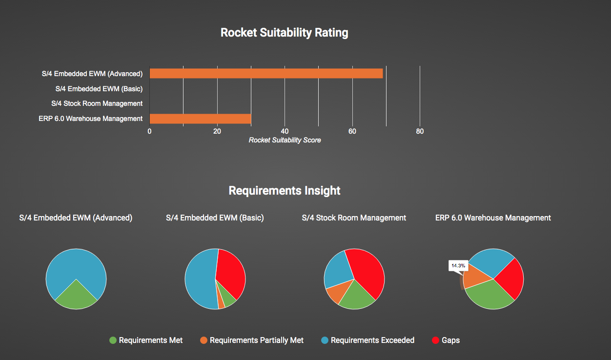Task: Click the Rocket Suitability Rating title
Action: tap(284, 33)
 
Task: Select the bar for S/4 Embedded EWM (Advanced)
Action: tap(266, 74)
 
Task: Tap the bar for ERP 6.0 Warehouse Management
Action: tap(200, 119)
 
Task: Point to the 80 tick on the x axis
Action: tap(420, 131)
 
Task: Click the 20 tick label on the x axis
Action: tap(217, 131)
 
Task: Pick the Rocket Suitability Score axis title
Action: tap(285, 140)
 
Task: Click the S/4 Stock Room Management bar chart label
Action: tap(97, 103)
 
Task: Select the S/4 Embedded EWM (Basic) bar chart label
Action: tap(99, 89)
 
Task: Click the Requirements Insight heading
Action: tap(285, 190)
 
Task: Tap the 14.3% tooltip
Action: tap(458, 266)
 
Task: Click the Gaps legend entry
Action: tap(446, 340)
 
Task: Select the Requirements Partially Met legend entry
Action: tap(252, 340)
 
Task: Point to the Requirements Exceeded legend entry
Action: tap(367, 340)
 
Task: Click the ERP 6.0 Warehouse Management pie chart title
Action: tap(493, 218)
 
